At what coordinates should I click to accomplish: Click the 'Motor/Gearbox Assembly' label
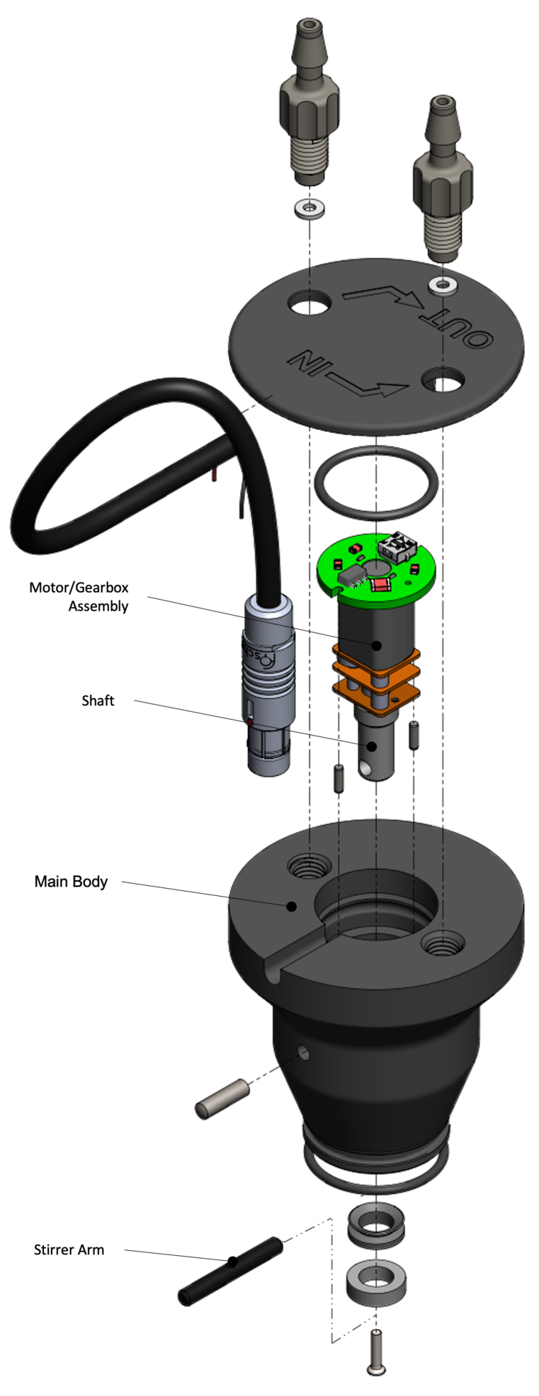coord(79,596)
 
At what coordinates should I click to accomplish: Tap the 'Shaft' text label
coord(98,701)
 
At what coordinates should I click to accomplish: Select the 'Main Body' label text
coord(71,882)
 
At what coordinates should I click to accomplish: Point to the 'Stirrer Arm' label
coord(69,1249)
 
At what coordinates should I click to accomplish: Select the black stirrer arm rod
coord(231,1271)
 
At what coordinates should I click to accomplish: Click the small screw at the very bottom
coord(375,1354)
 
